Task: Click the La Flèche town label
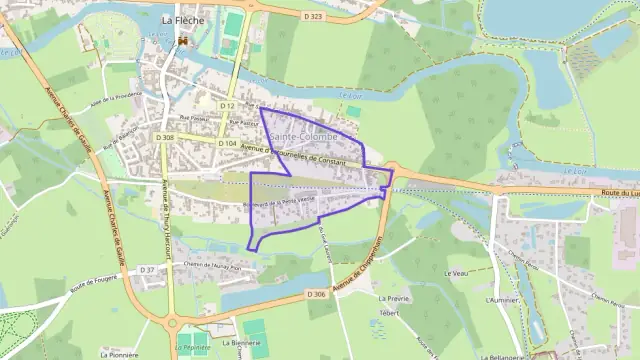(182, 18)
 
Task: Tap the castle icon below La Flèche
(183, 41)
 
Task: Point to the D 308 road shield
(166, 137)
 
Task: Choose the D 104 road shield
(228, 143)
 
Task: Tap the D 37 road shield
(147, 270)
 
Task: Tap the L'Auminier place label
(499, 299)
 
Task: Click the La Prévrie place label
(395, 298)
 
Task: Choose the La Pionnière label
(119, 354)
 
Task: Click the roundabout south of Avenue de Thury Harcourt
(171, 323)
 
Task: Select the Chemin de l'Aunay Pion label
(213, 266)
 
